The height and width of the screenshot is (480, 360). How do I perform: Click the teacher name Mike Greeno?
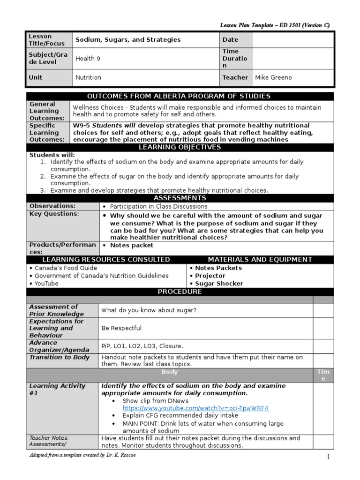coord(273,77)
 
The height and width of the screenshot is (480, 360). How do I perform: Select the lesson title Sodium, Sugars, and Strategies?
coord(128,40)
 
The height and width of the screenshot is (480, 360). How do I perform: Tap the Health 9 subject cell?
coord(88,59)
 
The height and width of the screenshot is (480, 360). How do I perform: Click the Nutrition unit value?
coord(89,77)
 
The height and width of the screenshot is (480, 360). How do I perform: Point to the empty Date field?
coord(292,40)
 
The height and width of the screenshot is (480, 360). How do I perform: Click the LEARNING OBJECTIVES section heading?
coord(180,148)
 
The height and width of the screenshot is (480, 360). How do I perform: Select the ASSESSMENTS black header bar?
coord(180,198)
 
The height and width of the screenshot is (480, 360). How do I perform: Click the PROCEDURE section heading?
coord(180,292)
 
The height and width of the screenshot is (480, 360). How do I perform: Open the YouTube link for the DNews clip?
coord(195,408)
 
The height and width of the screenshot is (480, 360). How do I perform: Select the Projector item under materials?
coord(210,276)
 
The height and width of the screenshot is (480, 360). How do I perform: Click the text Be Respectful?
coord(121,328)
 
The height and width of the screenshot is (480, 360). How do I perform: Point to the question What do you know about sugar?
coord(149,310)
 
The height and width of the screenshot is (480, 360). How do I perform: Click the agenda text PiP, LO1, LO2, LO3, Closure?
coord(142,346)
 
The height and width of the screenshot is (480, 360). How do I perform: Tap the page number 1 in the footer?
coord(328,456)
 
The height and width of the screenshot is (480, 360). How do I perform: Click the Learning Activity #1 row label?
coord(58,390)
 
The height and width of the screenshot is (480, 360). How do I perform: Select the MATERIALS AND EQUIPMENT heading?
coord(260,260)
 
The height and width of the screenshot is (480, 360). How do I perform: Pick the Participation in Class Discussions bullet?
coord(158,206)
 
